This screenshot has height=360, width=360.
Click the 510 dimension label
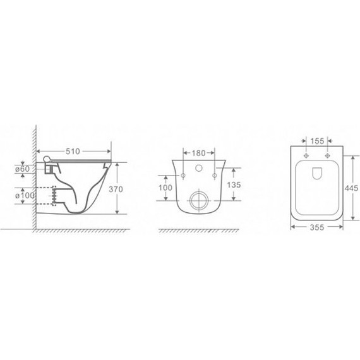(x=73, y=152)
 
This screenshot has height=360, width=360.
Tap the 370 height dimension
(x=116, y=189)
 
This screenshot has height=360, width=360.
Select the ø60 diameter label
(x=23, y=169)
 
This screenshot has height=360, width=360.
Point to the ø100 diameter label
(x=25, y=196)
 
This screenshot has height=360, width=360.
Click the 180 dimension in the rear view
(x=198, y=153)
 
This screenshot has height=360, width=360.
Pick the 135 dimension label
(x=234, y=184)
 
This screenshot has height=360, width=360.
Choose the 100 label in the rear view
(x=165, y=188)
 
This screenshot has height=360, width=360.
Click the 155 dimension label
(x=317, y=141)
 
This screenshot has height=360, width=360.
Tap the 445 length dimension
(x=351, y=188)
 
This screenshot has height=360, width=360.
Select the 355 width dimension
(x=317, y=227)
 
